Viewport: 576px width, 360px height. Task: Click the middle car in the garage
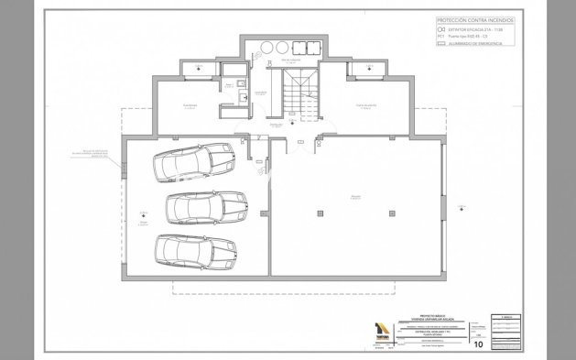pos(208,205)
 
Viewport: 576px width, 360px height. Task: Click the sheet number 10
pos(478,344)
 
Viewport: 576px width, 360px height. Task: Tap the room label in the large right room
pos(355,196)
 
